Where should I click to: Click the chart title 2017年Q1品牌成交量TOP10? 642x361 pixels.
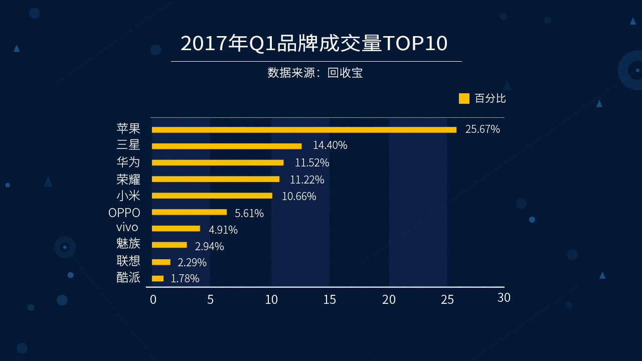tap(314, 44)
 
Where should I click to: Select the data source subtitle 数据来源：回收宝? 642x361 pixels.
tap(315, 73)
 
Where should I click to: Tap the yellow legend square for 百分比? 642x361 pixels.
tap(464, 98)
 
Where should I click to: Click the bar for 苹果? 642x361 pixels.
tap(304, 130)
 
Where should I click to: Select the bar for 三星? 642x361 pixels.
tap(227, 146)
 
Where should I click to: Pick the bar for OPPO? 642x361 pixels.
tap(189, 212)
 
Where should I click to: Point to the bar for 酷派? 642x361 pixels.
tap(157, 278)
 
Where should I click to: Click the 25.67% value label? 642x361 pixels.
tap(483, 129)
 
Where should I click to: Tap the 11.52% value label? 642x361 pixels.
tap(312, 163)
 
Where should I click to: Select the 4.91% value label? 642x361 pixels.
tap(223, 230)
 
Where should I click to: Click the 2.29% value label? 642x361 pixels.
tap(192, 263)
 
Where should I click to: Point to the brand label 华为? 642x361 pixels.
tap(128, 162)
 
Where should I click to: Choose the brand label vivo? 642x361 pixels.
tap(127, 228)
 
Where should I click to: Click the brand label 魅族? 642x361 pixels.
tap(128, 244)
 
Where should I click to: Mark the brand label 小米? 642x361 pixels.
tap(128, 196)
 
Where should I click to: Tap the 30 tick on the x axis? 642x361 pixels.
tap(504, 297)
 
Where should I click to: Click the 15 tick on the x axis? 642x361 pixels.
tap(330, 300)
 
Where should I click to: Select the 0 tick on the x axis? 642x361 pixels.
tap(153, 300)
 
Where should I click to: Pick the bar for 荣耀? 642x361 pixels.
tap(216, 179)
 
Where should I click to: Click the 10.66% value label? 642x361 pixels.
tap(299, 197)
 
